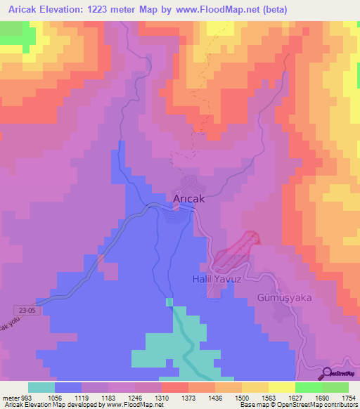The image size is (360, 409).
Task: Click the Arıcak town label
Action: [x=189, y=199]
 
